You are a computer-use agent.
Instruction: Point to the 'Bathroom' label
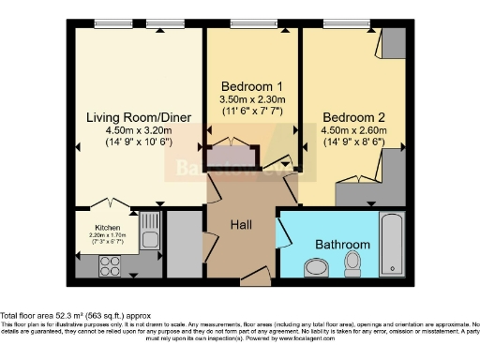click(x=342, y=245)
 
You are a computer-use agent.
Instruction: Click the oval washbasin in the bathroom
click(x=316, y=269)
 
